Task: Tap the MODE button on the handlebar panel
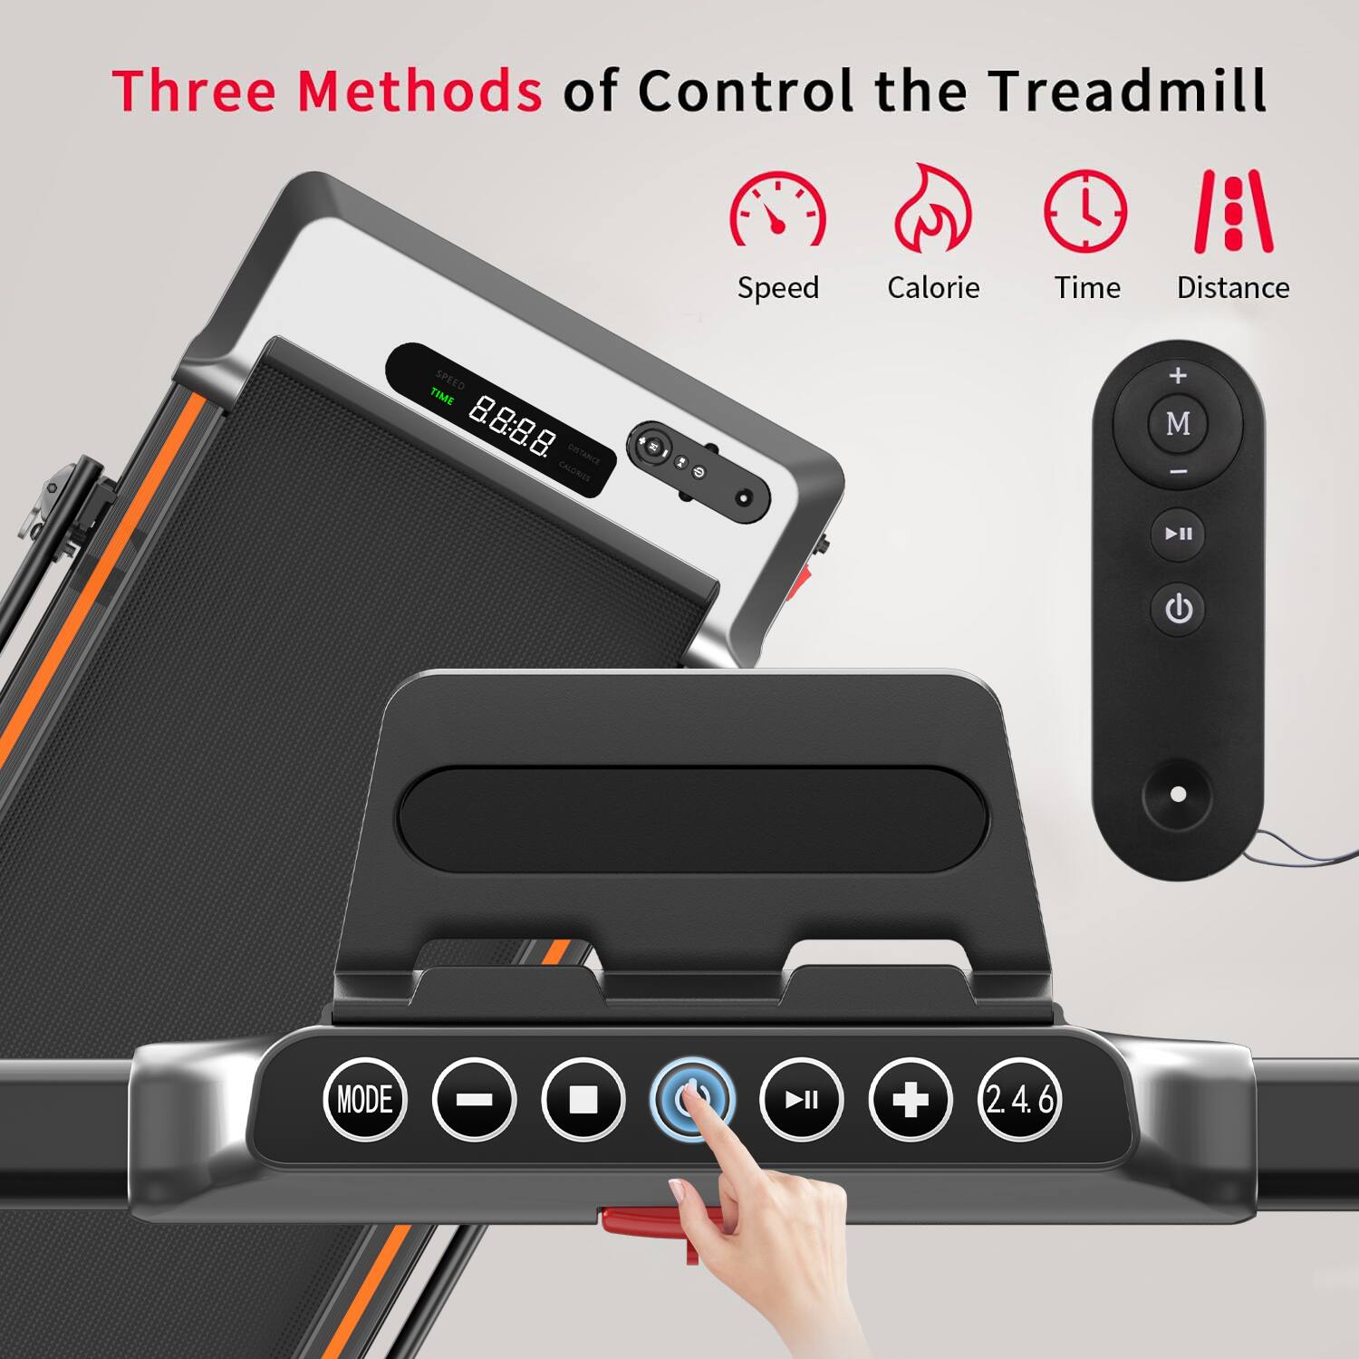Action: coord(365,1099)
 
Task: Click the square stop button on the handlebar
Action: coord(583,1099)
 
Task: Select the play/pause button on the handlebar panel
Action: coord(801,1099)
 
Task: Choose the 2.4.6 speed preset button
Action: coord(1019,1099)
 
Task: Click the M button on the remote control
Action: coord(1178,423)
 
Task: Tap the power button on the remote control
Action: coord(1178,609)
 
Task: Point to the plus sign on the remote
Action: coord(1178,375)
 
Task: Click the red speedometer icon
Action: coord(778,210)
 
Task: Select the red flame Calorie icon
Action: coord(932,209)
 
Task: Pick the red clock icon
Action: coord(1085,211)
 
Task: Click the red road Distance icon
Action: coord(1233,211)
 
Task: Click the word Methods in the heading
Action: coord(419,91)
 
